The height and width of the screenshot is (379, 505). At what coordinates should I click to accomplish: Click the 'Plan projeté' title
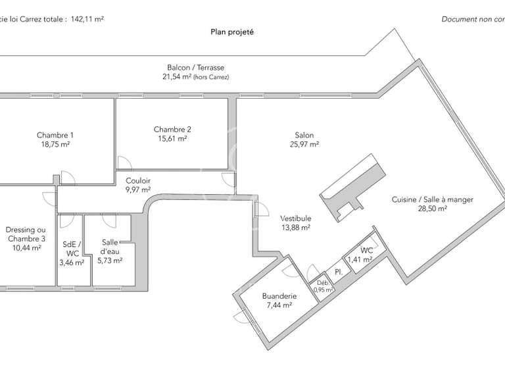click(x=231, y=32)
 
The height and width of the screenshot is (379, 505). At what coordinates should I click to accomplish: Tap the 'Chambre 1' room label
click(x=55, y=136)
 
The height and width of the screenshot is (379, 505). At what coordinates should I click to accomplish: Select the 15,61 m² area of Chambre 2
click(x=172, y=139)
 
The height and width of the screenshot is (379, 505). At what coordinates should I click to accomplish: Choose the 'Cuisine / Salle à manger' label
click(x=432, y=199)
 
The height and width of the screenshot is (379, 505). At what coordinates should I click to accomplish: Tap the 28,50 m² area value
click(x=432, y=208)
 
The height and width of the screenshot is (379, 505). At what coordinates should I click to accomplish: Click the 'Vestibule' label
click(x=295, y=218)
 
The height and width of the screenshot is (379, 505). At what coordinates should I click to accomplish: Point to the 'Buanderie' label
click(x=279, y=296)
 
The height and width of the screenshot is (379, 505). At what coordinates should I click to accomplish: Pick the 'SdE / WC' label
click(x=72, y=248)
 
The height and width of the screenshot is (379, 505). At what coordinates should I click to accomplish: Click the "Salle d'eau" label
click(x=110, y=247)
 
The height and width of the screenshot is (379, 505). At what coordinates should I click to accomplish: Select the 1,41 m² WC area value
click(x=360, y=259)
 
